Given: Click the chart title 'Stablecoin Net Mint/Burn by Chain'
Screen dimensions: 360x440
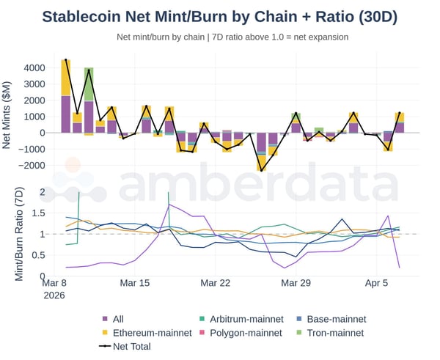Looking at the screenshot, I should click(x=219, y=16).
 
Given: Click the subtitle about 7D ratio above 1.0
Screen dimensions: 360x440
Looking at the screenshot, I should click(x=232, y=37).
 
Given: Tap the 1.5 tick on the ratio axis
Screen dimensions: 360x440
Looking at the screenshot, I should click(x=38, y=213).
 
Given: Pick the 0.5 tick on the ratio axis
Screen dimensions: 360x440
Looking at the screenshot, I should click(x=38, y=256).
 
